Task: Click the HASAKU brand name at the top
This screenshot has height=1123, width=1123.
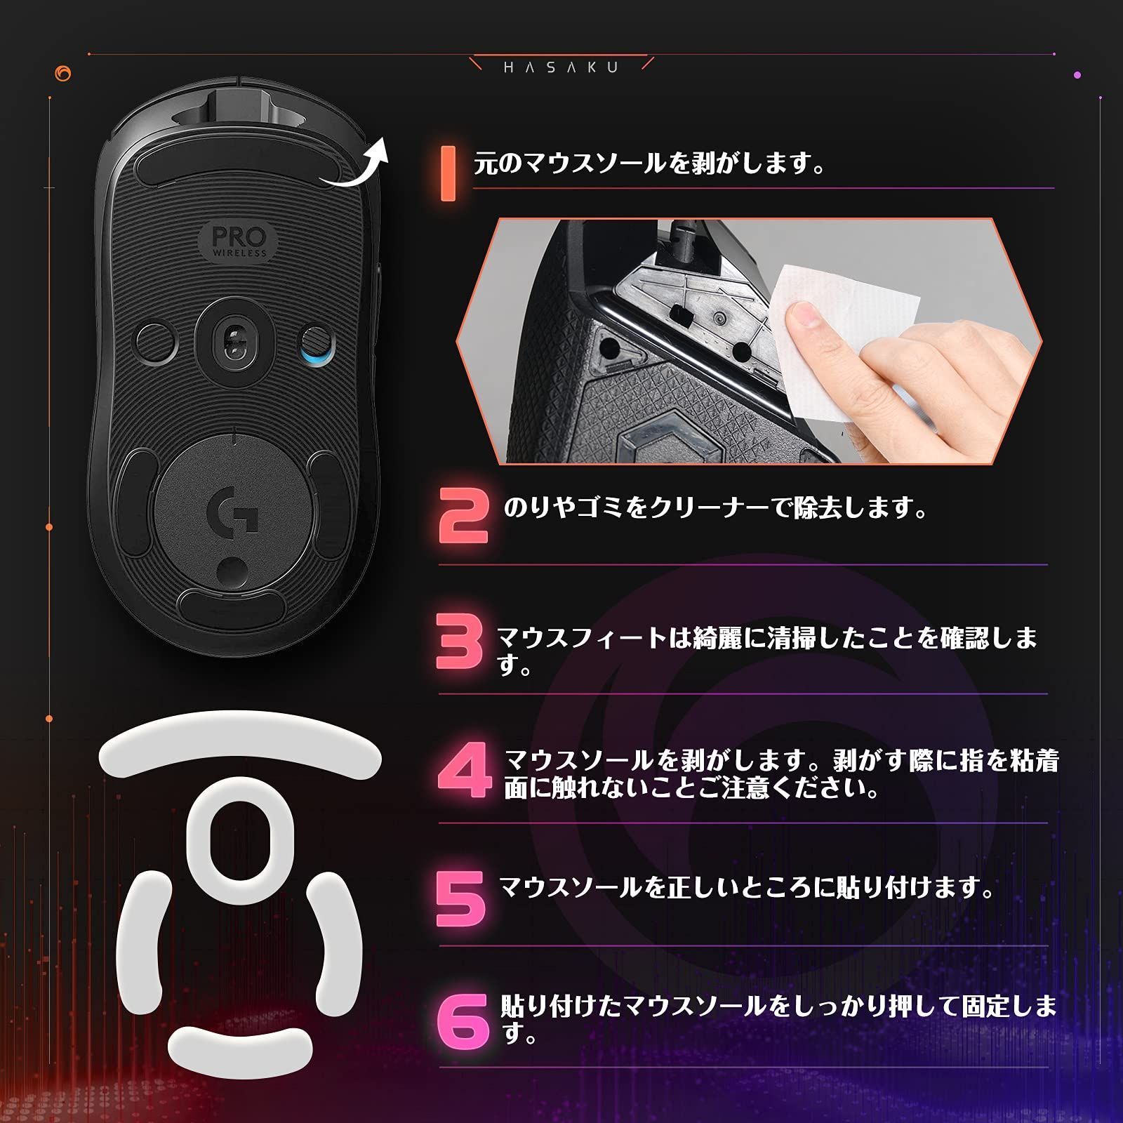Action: (x=561, y=67)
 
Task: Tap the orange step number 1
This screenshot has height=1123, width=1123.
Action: (x=447, y=173)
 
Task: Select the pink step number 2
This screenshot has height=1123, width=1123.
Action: (x=463, y=516)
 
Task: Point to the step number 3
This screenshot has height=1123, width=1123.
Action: (x=460, y=641)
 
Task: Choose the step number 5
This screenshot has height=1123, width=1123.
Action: (x=460, y=898)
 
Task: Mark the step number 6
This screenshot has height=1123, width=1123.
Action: (x=463, y=1021)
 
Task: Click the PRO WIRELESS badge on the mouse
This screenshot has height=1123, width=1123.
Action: (x=239, y=240)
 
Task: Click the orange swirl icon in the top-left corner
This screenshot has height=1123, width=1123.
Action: (x=62, y=73)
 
